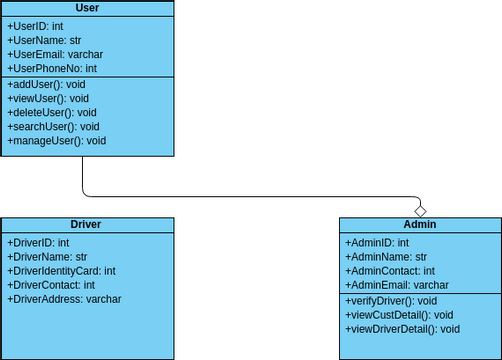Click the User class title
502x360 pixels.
tap(86, 8)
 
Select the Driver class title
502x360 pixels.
tap(86, 225)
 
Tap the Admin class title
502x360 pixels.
tap(420, 225)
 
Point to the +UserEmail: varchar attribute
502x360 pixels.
tap(55, 54)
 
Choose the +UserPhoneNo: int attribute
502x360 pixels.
tap(52, 68)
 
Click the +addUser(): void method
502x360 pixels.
tap(47, 85)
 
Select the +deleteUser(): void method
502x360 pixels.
tap(52, 113)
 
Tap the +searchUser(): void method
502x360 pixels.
tap(53, 127)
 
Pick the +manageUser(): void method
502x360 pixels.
tap(56, 141)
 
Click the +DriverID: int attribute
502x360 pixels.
tap(38, 243)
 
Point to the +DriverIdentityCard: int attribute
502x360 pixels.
tap(61, 271)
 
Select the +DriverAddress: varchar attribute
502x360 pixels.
tap(64, 299)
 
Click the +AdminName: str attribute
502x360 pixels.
tap(386, 257)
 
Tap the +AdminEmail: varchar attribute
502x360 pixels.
tap(397, 285)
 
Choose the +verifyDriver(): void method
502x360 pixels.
tap(391, 301)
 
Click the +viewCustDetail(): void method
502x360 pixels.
tap(399, 315)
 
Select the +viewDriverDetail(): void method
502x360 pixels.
tap(402, 329)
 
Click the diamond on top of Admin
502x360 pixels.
tap(421, 210)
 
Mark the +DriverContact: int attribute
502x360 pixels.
tap(51, 285)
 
